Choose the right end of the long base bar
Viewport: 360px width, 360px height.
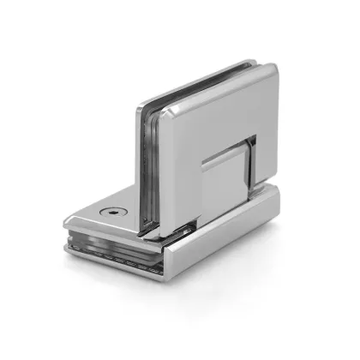click(279, 201)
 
